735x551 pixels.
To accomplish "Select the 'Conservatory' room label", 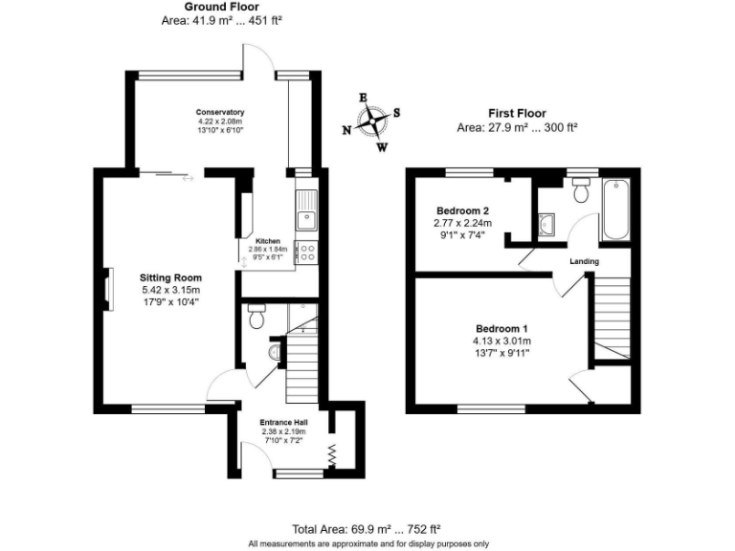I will (220, 112).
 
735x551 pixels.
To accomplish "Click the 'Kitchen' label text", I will (267, 241).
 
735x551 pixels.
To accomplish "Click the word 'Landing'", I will (584, 261).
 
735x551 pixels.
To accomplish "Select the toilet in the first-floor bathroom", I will (578, 191).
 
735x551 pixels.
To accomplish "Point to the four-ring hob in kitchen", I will (307, 252).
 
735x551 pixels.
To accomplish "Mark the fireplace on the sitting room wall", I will (109, 286).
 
